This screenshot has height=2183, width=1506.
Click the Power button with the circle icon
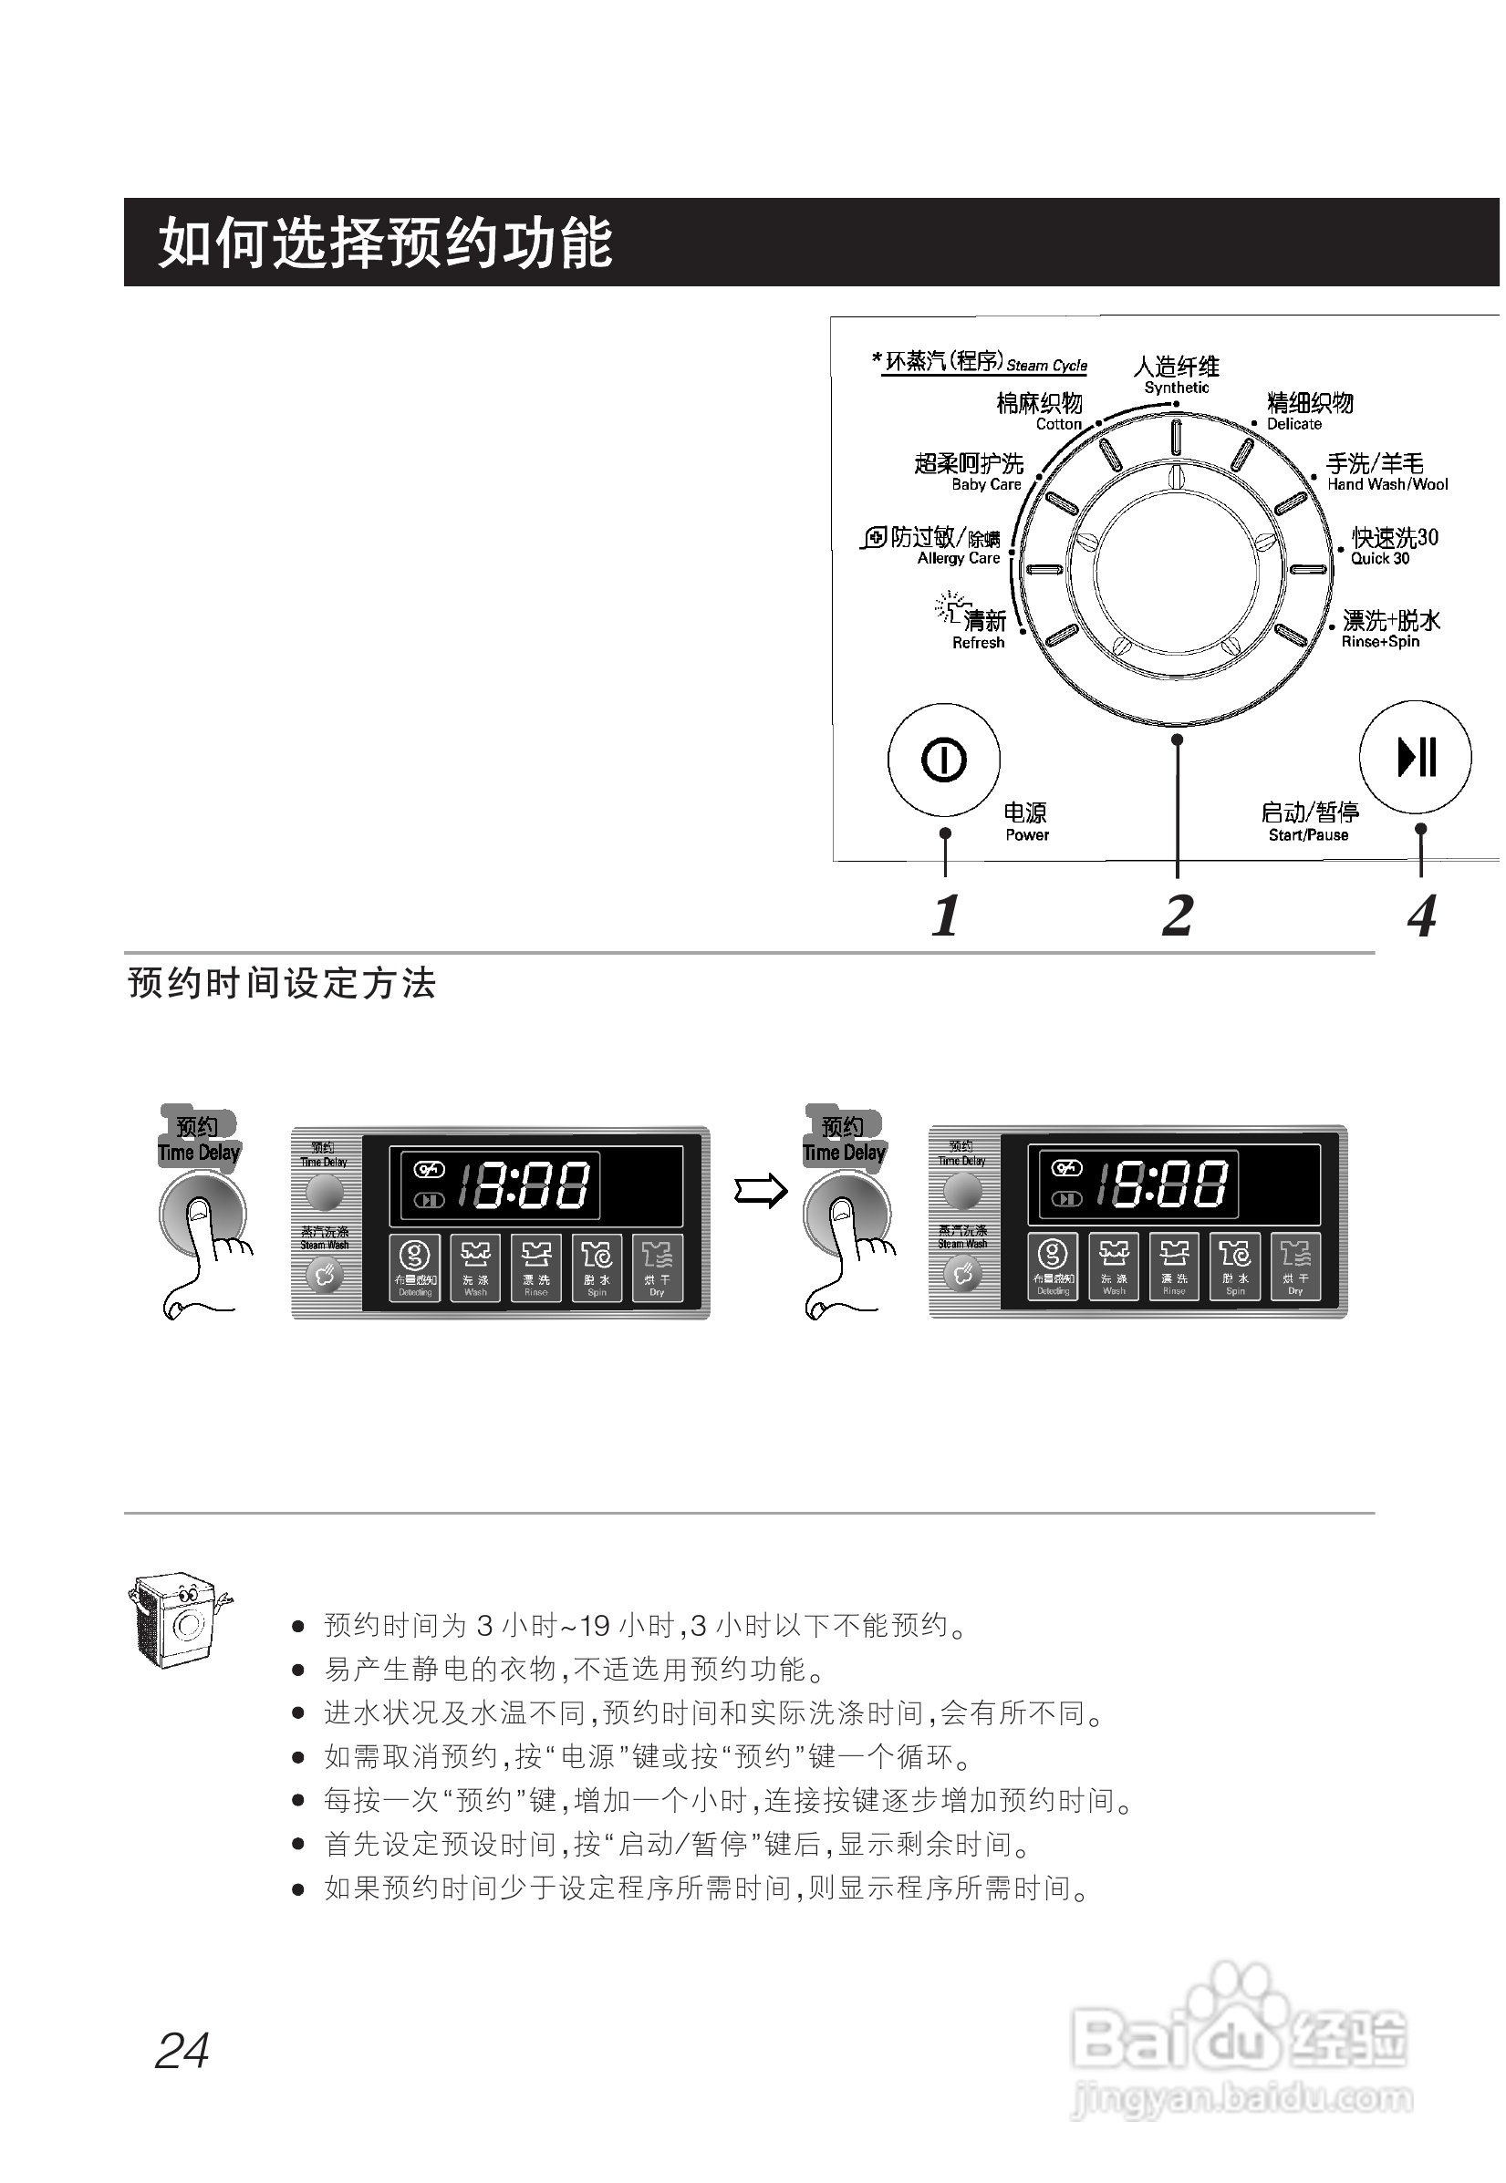[x=942, y=760]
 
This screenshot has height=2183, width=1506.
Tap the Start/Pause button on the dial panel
[x=1415, y=757]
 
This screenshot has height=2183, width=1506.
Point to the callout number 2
[x=1177, y=916]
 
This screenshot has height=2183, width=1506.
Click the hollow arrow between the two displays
[x=761, y=1191]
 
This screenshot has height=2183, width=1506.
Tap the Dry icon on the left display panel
[x=657, y=1267]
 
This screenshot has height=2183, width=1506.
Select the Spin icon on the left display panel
[x=597, y=1267]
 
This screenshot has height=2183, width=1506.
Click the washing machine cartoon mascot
[x=177, y=1619]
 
